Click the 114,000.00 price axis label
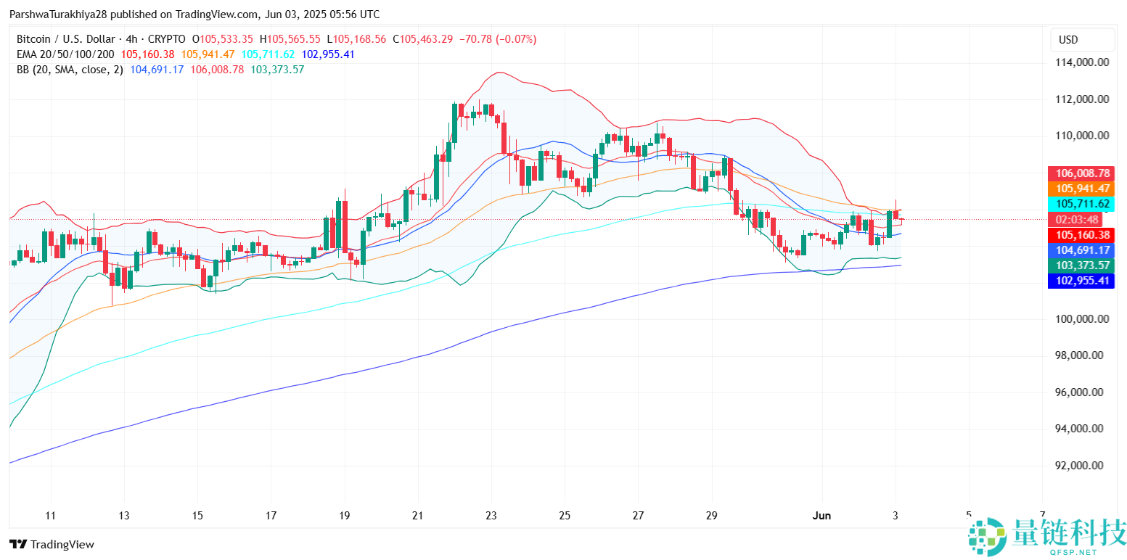1081,62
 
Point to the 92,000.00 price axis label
1081,466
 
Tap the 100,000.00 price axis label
1081,319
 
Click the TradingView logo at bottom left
52,544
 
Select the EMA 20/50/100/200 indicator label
65,54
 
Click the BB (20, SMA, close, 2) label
70,70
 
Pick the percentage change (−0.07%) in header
516,39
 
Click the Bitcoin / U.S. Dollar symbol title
65,39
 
